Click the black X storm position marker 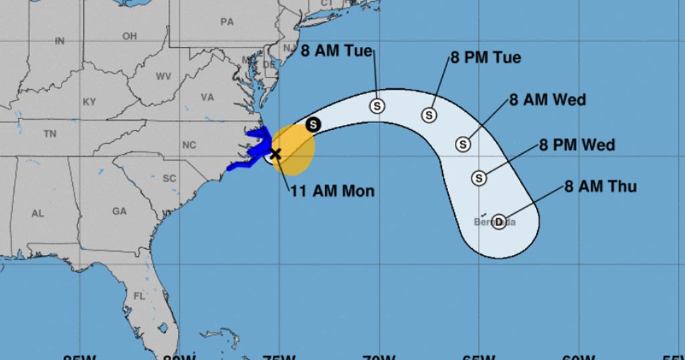coord(275,154)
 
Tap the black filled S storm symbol coord(313,124)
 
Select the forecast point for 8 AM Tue coord(377,106)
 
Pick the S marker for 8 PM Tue coord(429,115)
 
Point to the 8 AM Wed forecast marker coord(463,144)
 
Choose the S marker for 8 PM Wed coord(479,178)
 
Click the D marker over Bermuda coord(498,221)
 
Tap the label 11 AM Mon coord(332,191)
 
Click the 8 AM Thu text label coord(601,187)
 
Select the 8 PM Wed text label coord(577,145)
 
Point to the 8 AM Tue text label coord(336,51)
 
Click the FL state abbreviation coord(139,296)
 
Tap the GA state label coord(119,211)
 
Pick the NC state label coord(189,145)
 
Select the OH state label coord(130,35)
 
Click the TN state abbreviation coord(50,134)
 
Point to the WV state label coord(163,76)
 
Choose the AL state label coord(37,213)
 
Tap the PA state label coord(227,21)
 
